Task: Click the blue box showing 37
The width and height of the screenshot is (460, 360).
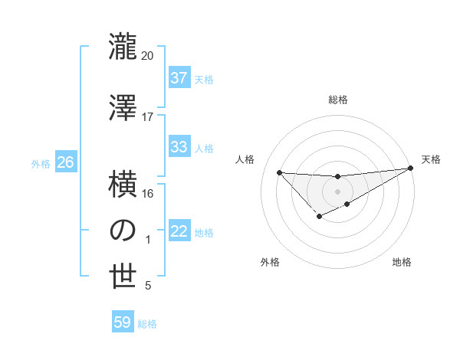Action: [x=179, y=78]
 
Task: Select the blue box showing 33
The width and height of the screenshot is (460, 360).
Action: [x=179, y=147]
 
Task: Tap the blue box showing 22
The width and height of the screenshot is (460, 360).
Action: [x=179, y=231]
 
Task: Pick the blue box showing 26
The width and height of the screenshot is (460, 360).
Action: [x=65, y=162]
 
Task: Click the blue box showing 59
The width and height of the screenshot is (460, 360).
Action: [x=123, y=322]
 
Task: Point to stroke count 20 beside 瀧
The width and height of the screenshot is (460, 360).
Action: [x=147, y=56]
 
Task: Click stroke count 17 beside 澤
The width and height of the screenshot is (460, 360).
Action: [x=147, y=117]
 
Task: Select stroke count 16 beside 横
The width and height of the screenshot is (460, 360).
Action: [x=147, y=193]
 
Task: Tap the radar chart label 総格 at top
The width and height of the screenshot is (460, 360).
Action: [x=337, y=100]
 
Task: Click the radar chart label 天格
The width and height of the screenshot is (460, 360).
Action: [x=431, y=159]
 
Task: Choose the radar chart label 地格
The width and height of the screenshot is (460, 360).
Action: [x=402, y=262]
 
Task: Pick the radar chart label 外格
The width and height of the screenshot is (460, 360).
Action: [x=270, y=262]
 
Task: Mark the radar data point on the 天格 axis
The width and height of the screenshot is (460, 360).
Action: [x=410, y=169]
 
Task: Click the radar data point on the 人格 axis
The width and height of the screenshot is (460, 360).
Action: [x=279, y=172]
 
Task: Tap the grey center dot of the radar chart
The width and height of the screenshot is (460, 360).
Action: [x=337, y=191]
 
